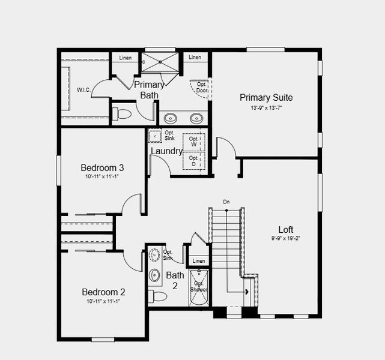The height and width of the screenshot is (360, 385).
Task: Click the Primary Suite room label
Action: [266, 97]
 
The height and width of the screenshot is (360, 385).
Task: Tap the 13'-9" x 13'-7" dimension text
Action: [266, 108]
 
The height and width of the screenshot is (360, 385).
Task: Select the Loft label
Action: [286, 229]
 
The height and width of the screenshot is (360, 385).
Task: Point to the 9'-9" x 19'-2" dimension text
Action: [286, 238]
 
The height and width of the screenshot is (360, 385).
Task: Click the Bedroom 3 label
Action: [102, 167]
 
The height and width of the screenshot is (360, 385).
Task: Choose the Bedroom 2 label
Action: [103, 292]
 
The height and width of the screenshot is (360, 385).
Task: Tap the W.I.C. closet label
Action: [83, 90]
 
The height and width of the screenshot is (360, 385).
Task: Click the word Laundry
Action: [166, 151]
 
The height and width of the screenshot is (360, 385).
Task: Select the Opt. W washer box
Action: [194, 142]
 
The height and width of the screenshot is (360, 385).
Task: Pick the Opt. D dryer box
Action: [194, 161]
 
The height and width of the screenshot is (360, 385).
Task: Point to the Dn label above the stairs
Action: [226, 202]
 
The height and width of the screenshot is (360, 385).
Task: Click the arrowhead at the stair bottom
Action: [246, 292]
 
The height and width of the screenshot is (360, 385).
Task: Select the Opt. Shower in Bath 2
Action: [199, 287]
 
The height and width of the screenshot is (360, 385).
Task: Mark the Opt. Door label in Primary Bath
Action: [201, 88]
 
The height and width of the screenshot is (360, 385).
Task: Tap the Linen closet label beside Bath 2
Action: [198, 261]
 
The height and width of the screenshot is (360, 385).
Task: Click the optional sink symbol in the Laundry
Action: [154, 136]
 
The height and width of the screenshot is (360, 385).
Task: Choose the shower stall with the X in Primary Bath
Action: [160, 62]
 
